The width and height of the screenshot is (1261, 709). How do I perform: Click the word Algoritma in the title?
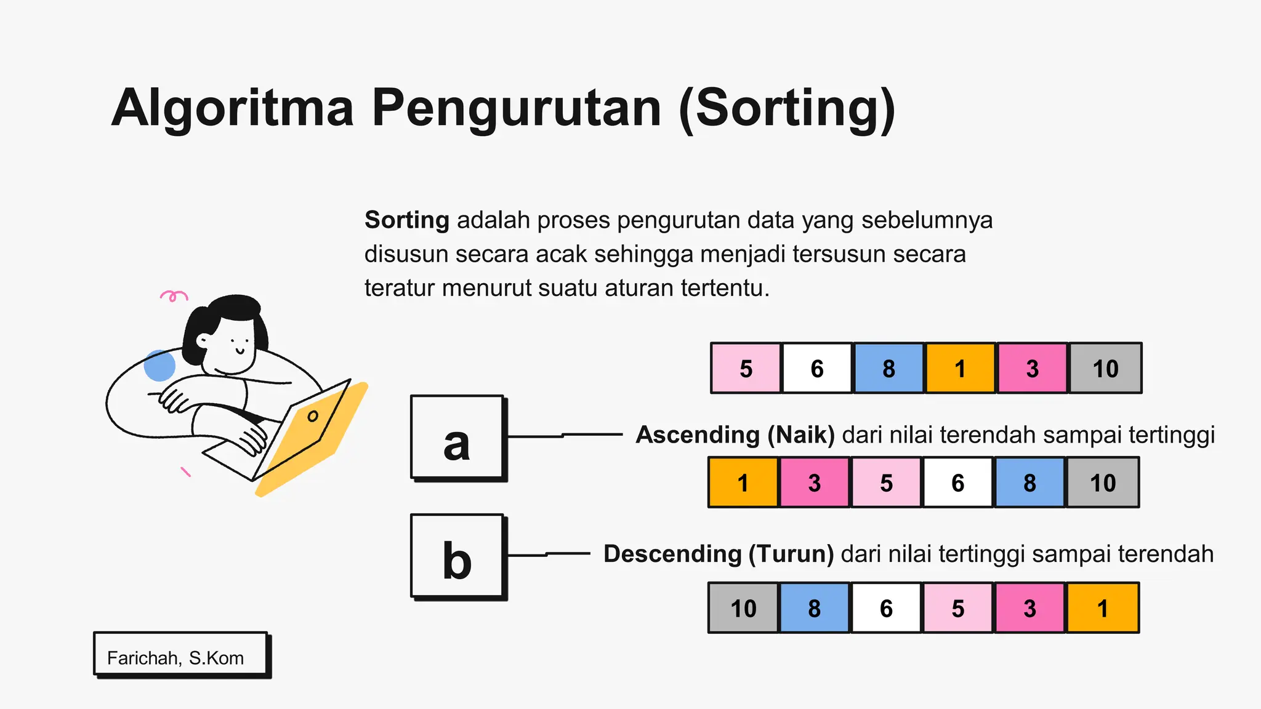tap(233, 108)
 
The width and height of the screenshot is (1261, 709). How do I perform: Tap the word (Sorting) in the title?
tap(786, 108)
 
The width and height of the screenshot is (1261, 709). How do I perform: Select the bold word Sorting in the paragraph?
tap(406, 220)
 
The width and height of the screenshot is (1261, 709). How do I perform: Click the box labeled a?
tap(457, 437)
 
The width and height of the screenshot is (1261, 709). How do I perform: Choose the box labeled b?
tap(457, 556)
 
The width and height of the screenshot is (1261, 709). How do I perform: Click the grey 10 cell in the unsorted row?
tap(1105, 368)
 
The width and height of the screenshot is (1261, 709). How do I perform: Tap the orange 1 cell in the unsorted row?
tap(960, 368)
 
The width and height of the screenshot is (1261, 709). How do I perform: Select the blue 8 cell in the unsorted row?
tap(888, 368)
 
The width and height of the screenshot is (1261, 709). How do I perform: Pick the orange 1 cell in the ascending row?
tap(743, 483)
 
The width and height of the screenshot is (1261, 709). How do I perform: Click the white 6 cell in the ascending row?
tap(957, 483)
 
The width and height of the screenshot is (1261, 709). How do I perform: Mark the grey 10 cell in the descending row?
tap(743, 608)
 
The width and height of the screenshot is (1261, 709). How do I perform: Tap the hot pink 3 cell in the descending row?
tap(1029, 608)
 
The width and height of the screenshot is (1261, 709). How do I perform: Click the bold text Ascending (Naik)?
tap(735, 435)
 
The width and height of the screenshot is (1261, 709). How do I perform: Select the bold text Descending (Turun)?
tap(719, 554)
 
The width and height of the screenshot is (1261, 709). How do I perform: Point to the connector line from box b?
tap(548, 555)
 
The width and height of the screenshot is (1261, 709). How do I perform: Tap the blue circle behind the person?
tap(159, 366)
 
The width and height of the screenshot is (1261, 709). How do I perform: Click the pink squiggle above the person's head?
tap(174, 296)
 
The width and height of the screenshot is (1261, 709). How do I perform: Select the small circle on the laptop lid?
tap(313, 416)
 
